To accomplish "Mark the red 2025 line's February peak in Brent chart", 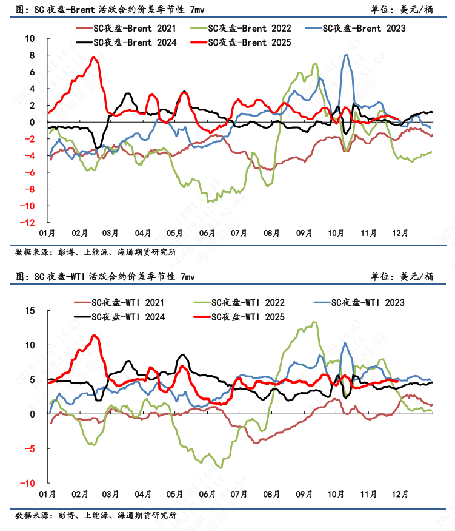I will point(94,58).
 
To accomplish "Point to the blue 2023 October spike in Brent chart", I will point(346,55).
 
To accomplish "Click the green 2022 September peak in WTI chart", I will point(314,322).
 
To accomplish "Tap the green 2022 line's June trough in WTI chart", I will point(221,467).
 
